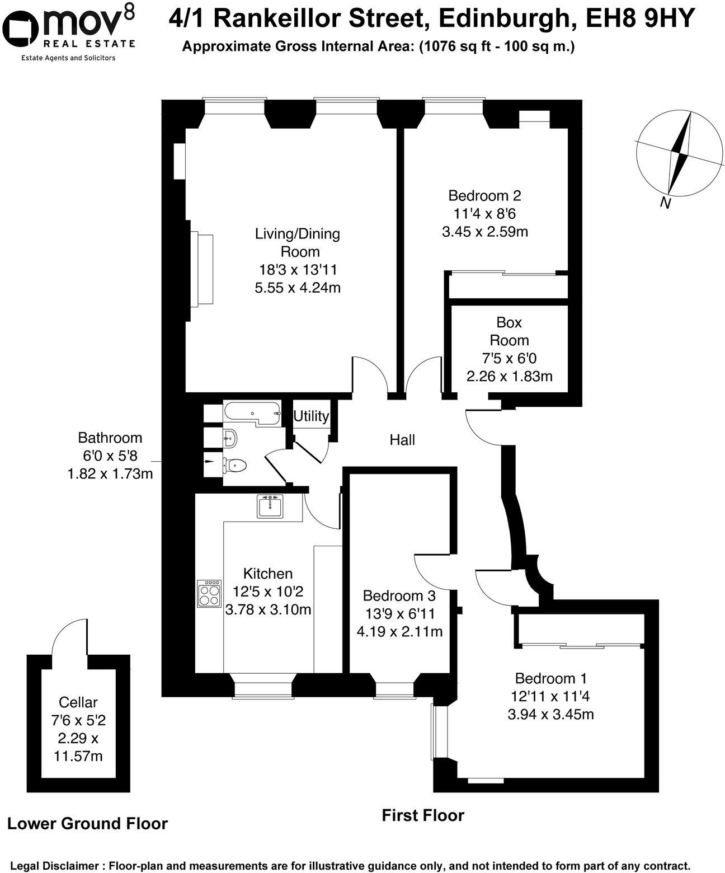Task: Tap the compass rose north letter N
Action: click(x=665, y=203)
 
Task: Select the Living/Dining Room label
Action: click(x=297, y=242)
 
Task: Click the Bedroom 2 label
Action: click(x=484, y=195)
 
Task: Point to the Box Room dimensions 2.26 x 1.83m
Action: click(x=509, y=376)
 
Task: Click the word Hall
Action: click(x=402, y=440)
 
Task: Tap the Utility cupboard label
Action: click(x=311, y=416)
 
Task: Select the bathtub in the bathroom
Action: click(x=251, y=414)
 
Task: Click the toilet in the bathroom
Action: click(x=234, y=464)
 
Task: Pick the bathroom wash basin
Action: click(x=230, y=438)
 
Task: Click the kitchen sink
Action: click(x=270, y=506)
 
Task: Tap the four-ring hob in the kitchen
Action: click(x=209, y=593)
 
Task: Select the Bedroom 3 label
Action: click(x=399, y=595)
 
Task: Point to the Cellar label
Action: click(x=78, y=702)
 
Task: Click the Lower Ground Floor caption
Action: click(x=87, y=823)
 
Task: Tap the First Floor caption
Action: click(x=422, y=815)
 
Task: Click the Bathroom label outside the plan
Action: click(x=110, y=438)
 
